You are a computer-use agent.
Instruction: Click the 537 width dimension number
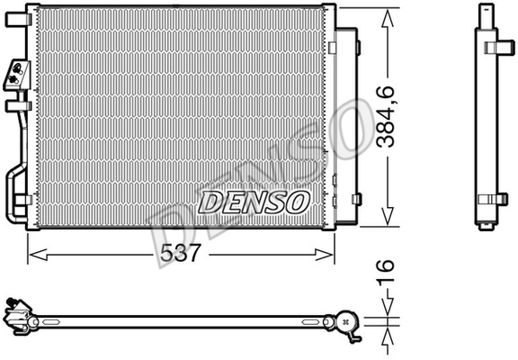[x=181, y=254]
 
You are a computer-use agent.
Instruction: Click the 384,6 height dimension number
[x=386, y=117]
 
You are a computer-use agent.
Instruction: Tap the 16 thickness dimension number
[x=386, y=271]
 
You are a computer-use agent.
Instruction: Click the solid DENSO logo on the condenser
[x=254, y=202]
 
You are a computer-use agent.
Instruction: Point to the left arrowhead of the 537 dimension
[x=38, y=255]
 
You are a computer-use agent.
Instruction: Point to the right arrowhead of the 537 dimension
[x=324, y=255]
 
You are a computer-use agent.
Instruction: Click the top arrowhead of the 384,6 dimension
[x=388, y=18]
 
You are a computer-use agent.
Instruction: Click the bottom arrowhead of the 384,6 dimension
[x=388, y=217]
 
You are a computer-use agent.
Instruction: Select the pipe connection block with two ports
[x=17, y=75]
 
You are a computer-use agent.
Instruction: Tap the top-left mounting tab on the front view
[x=16, y=19]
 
